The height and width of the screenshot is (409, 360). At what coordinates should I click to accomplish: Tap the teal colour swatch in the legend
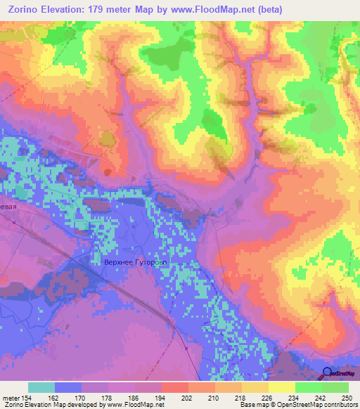[41, 387]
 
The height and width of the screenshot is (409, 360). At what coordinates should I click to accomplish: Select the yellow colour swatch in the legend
[282, 387]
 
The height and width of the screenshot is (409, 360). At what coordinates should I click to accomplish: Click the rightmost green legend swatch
[335, 387]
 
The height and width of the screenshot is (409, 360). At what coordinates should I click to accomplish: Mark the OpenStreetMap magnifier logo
[327, 374]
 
